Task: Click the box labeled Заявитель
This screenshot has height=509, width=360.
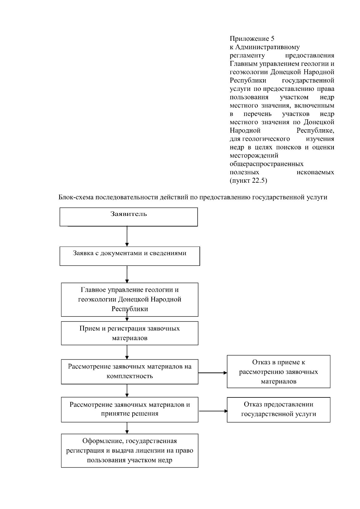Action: point(128,217)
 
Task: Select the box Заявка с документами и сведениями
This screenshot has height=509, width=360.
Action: point(130,256)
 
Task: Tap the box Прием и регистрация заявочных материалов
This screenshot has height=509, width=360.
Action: point(130,333)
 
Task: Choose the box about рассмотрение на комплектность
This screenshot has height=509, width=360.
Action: point(130,371)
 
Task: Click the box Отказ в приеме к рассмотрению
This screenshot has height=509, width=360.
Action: point(278,371)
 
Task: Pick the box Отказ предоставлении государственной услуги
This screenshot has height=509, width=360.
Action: point(278,409)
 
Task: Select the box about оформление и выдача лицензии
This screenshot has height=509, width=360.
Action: point(130,450)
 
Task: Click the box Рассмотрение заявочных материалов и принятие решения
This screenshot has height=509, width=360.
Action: point(130,409)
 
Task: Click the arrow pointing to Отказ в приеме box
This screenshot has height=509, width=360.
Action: point(212,373)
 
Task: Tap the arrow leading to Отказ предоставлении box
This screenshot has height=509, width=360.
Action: point(213,411)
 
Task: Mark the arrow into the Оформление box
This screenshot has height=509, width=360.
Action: point(127,428)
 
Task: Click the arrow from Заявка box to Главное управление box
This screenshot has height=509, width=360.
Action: point(127,274)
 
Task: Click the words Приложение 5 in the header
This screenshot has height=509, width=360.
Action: point(252,39)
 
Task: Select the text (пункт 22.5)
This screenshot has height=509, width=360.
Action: point(248,181)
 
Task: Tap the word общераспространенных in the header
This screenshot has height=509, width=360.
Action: point(266,164)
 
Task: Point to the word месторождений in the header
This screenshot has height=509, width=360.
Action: point(254,155)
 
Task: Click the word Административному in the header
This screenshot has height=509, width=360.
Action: point(268,47)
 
